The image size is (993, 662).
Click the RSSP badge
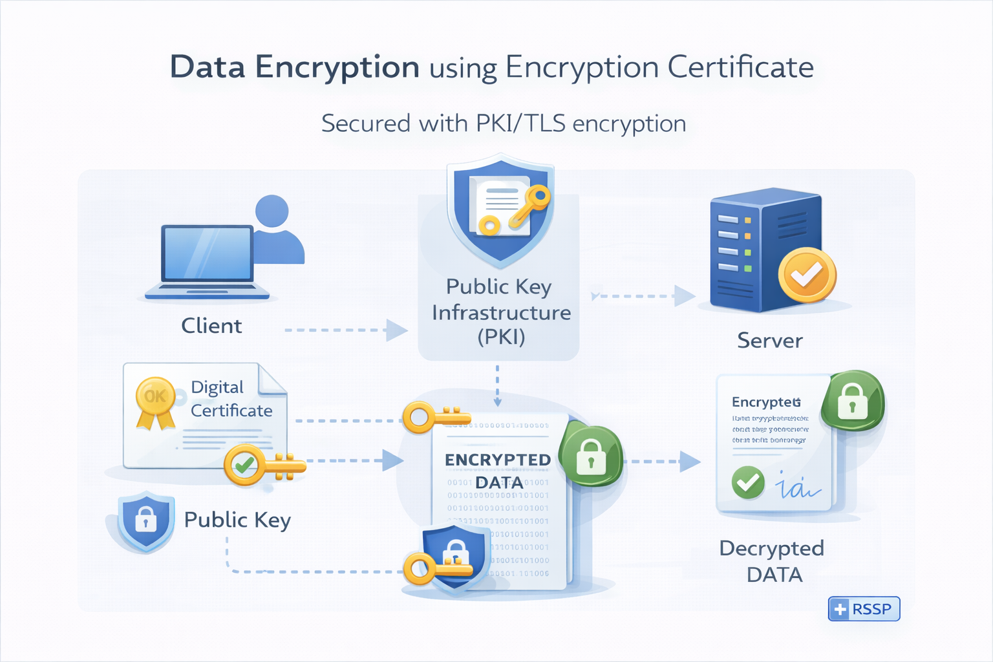(864, 609)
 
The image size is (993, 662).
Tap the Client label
(211, 326)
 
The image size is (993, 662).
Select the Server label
(769, 341)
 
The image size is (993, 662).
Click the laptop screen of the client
(207, 253)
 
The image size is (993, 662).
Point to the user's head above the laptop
(272, 211)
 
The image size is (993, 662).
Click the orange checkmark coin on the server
(807, 275)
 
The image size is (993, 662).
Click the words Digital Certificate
(231, 399)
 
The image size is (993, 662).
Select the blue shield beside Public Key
(145, 520)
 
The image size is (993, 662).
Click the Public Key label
(237, 520)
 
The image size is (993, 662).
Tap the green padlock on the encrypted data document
(591, 456)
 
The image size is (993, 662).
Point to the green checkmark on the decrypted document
(748, 482)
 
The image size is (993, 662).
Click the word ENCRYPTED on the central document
(497, 460)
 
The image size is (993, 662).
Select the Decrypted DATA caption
(772, 561)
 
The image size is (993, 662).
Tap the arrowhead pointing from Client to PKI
(396, 330)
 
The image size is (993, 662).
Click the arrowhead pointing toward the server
(684, 296)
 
